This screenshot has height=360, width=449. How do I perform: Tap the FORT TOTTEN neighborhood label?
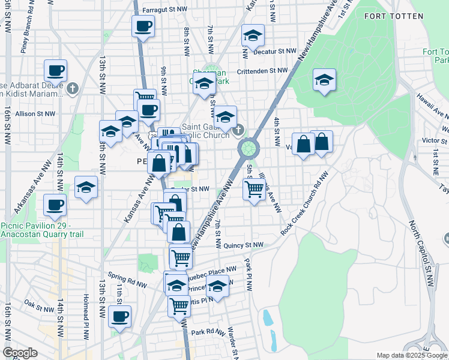[x=390, y=14]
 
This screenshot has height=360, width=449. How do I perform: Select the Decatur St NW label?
[x=275, y=52]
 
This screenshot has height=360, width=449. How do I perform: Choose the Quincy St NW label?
[x=243, y=245]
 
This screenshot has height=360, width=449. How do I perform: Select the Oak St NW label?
[x=39, y=305]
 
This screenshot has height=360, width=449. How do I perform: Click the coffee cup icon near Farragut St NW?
[x=143, y=26]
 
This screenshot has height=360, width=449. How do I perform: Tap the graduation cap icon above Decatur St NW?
[x=253, y=35]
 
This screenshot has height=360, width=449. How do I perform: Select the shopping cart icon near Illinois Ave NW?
[x=255, y=189]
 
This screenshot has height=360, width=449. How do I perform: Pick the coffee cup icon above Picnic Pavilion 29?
[x=55, y=205]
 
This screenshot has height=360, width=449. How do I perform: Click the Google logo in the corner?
[x=20, y=353]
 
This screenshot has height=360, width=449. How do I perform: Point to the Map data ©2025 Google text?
[x=412, y=355]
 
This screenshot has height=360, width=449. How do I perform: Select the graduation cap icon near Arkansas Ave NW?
[x=86, y=187]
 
